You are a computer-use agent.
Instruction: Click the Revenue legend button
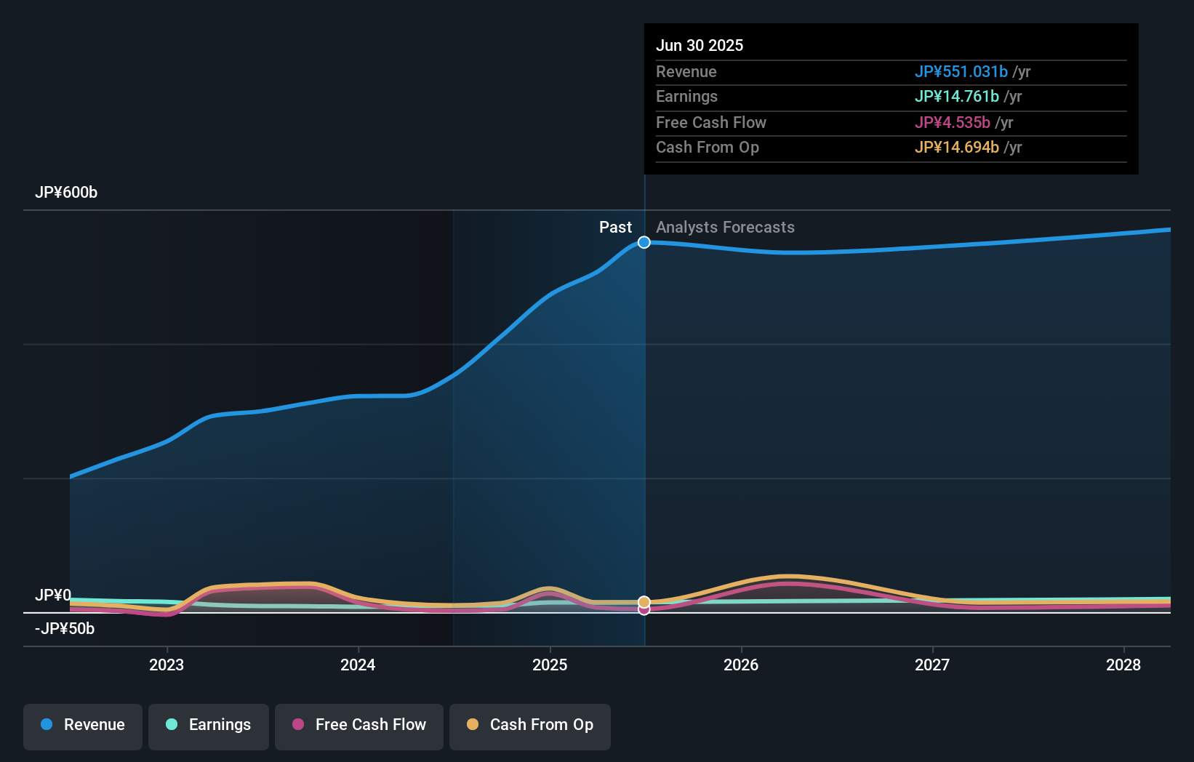pos(83,726)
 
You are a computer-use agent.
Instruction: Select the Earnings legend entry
pos(209,726)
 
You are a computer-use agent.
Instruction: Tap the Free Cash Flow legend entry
pos(359,726)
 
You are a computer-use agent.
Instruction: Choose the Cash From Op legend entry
pos(530,726)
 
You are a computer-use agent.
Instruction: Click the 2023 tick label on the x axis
pos(167,665)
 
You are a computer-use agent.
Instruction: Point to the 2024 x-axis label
pos(358,665)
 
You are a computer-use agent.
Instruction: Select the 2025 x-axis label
pos(550,665)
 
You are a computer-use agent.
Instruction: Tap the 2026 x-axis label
pos(741,665)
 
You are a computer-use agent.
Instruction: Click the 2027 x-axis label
pos(932,665)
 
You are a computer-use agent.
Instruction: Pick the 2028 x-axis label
pos(1123,665)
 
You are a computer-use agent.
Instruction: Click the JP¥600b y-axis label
pos(66,193)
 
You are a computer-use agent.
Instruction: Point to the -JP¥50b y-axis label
pos(65,629)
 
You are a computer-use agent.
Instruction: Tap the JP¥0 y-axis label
pos(53,595)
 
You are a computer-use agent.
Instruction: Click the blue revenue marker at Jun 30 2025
pos(644,242)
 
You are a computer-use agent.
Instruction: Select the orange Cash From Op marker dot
pos(644,602)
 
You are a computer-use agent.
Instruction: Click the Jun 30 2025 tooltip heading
pos(700,45)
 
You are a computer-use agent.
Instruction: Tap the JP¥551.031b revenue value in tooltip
pos(961,72)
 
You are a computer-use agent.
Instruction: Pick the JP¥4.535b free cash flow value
pos(952,123)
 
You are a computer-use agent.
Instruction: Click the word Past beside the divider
pos(615,228)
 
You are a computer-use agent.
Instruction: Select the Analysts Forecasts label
pos(725,228)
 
